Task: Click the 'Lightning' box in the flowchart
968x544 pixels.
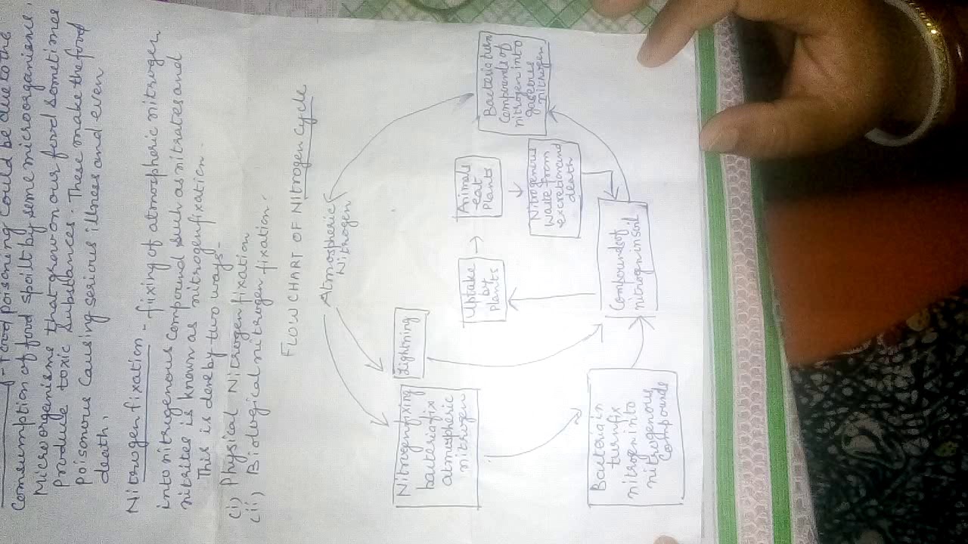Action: click(x=409, y=345)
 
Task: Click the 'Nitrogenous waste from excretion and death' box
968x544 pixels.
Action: click(x=554, y=187)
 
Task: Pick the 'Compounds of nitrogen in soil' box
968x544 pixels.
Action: click(x=627, y=257)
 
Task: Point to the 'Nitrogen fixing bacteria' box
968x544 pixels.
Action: click(x=436, y=447)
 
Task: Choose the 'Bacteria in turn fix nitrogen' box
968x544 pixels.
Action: click(x=633, y=437)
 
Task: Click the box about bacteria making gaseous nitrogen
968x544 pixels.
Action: click(x=513, y=83)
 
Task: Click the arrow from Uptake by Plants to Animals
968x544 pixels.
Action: click(x=477, y=243)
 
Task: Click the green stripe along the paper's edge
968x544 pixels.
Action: click(x=718, y=302)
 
